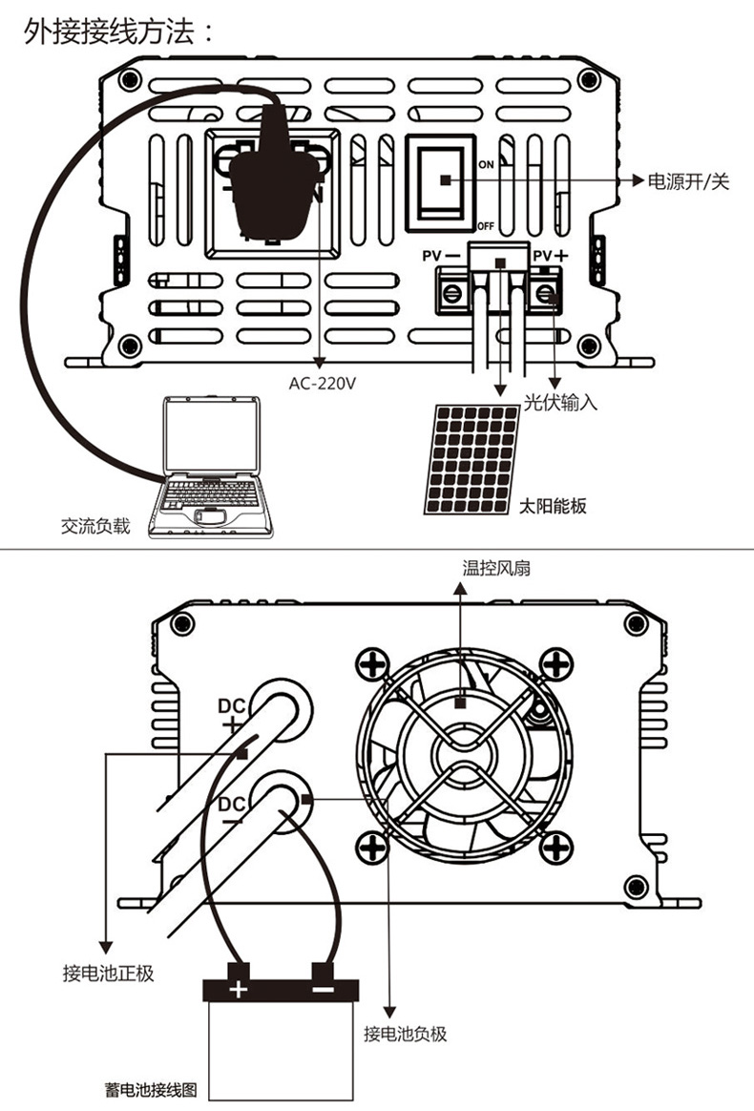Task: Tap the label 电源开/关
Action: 688,181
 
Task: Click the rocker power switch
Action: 442,181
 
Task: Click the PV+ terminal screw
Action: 545,292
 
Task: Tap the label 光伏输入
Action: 560,403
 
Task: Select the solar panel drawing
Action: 473,459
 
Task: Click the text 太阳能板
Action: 553,506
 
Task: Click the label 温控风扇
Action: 496,570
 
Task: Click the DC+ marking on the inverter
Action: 232,715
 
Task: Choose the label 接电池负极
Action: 406,1034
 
